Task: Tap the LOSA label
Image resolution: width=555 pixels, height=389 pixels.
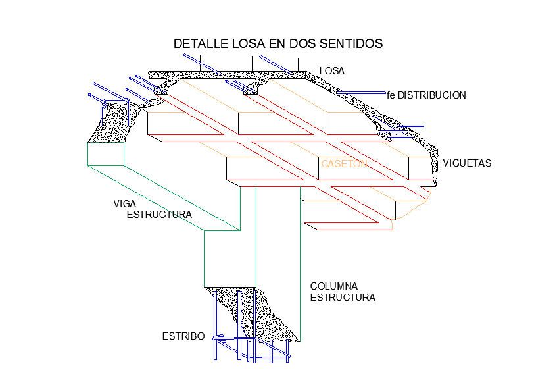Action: tap(332, 71)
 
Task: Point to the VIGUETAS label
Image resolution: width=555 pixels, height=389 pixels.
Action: tap(467, 163)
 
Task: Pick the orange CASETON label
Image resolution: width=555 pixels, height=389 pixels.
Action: tap(343, 164)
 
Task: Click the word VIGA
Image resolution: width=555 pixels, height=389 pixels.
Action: tap(124, 204)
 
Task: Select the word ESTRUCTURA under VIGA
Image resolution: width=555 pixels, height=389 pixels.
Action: tap(159, 215)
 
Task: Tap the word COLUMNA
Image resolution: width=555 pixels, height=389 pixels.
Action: tap(333, 286)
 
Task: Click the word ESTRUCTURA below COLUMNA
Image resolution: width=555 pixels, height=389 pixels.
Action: tap(343, 298)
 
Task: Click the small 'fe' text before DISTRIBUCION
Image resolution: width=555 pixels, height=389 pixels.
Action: tap(391, 95)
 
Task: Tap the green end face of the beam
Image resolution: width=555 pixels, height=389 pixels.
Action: tap(105, 154)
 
